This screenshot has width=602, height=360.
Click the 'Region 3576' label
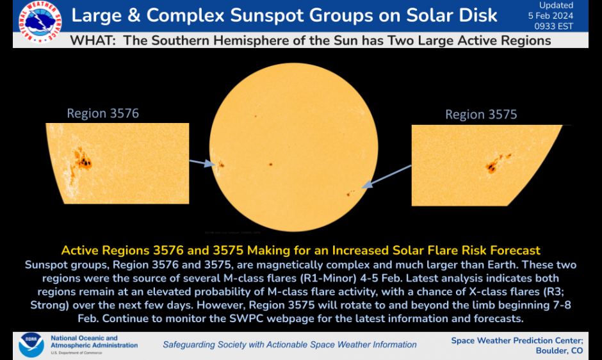pyautogui.click(x=102, y=113)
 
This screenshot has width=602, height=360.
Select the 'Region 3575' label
pyautogui.click(x=481, y=115)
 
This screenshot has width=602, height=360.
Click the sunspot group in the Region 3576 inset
pyautogui.click(x=81, y=160)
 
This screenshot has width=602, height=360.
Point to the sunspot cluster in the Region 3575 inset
pyautogui.click(x=497, y=162)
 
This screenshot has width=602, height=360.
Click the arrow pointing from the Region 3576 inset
pyautogui.click(x=202, y=163)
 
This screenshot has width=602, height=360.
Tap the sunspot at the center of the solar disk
pyautogui.click(x=270, y=164)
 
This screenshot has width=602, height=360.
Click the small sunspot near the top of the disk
pyautogui.click(x=255, y=117)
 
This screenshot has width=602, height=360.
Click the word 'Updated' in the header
pyautogui.click(x=556, y=5)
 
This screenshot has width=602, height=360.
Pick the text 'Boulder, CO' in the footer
pyautogui.click(x=558, y=350)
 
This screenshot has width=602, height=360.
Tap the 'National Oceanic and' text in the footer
pyautogui.click(x=84, y=338)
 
